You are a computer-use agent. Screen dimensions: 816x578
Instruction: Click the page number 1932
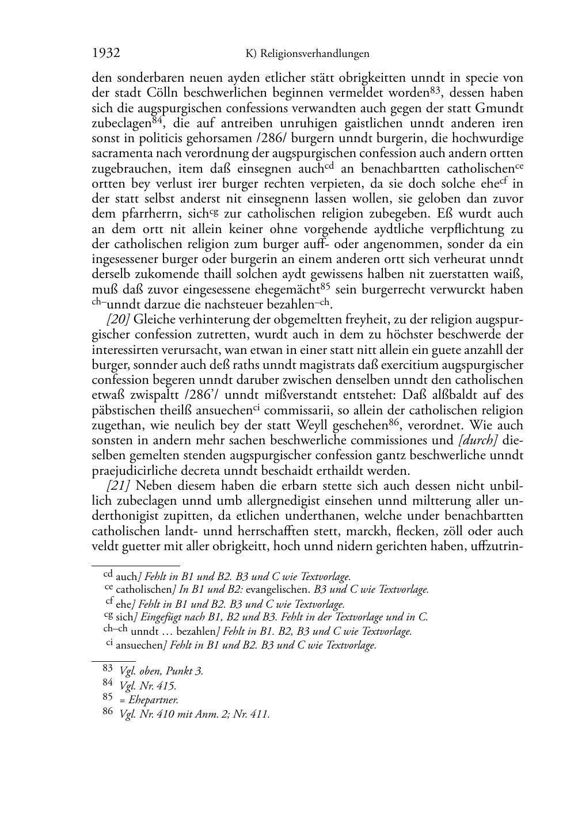106,54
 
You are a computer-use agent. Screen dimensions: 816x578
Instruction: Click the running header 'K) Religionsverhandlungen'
307,54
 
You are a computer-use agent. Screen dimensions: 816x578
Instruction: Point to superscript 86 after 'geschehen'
394,422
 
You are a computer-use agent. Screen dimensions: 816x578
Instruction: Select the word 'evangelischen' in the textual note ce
279,589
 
